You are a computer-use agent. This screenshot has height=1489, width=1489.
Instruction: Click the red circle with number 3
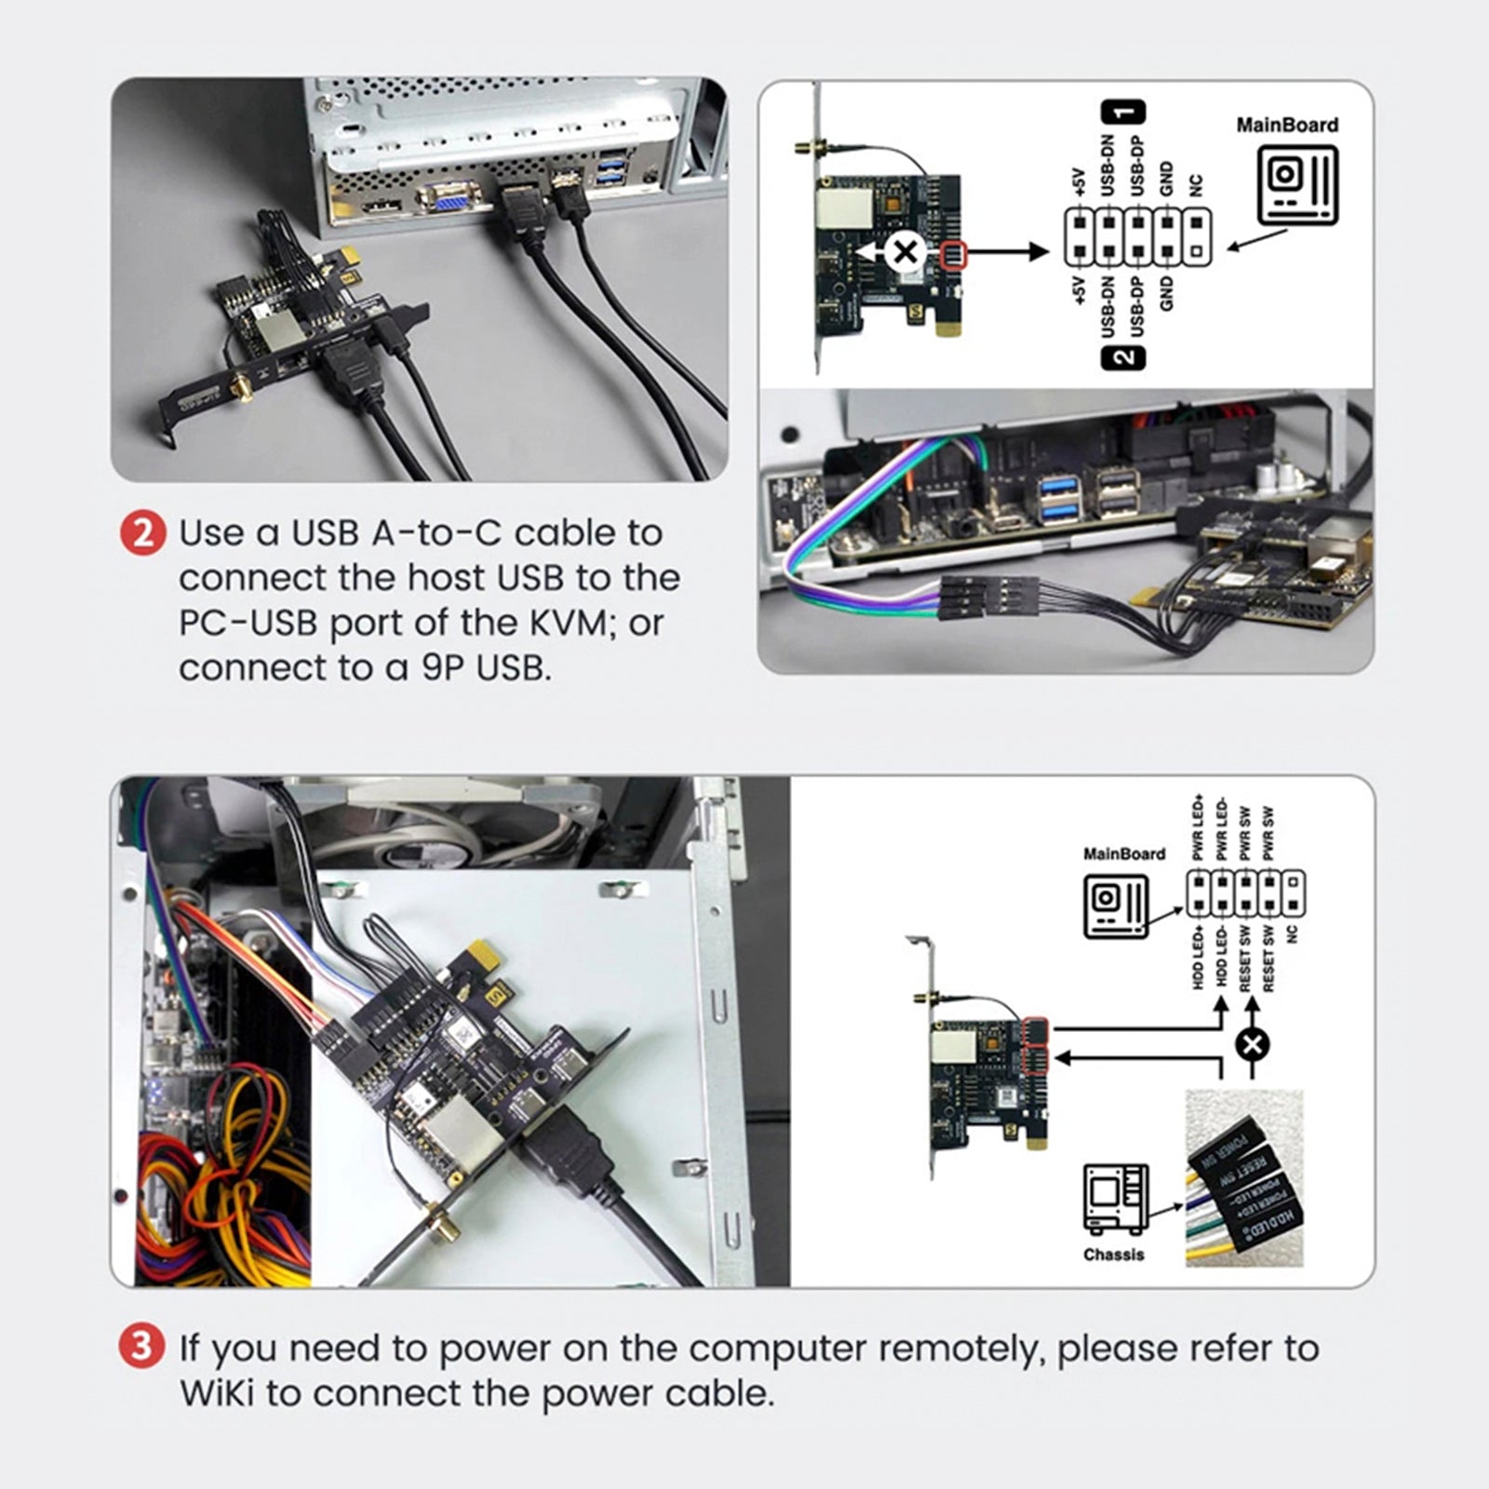coord(141,1347)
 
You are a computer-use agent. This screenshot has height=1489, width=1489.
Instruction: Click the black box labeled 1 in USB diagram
coord(1123,112)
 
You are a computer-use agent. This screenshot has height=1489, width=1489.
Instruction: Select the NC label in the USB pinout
coord(1197,185)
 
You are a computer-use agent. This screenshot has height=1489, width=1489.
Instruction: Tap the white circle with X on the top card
coord(904,251)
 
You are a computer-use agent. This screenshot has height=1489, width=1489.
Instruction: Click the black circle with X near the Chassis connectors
coord(1252,1044)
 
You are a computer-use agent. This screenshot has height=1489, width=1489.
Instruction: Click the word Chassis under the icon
coord(1113,1254)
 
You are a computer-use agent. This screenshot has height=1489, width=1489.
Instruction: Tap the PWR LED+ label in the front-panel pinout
coord(1198,827)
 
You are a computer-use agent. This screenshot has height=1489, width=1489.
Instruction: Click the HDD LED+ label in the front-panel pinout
coord(1198,956)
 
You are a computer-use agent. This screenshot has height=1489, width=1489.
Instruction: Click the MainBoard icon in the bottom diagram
coord(1116,905)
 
